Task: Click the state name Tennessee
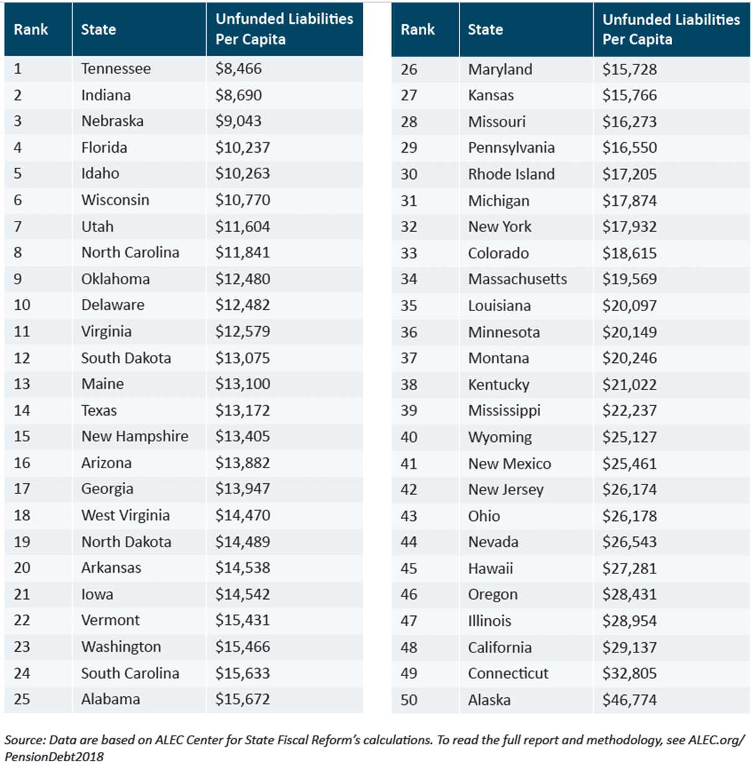(116, 69)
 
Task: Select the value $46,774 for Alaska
(630, 700)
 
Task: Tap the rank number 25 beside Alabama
(22, 699)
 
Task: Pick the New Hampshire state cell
(135, 436)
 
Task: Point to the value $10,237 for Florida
(243, 148)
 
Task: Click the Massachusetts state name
(518, 279)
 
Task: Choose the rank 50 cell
(409, 700)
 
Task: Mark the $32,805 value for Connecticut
(630, 674)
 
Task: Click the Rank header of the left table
(31, 29)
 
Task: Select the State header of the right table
(485, 29)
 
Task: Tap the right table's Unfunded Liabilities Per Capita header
(671, 29)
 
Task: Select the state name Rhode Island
(511, 174)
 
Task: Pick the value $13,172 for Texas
(243, 411)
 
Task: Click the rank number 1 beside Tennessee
(18, 69)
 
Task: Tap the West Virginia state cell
(125, 515)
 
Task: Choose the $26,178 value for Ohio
(630, 516)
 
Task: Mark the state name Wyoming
(500, 437)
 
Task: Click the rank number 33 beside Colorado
(409, 254)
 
